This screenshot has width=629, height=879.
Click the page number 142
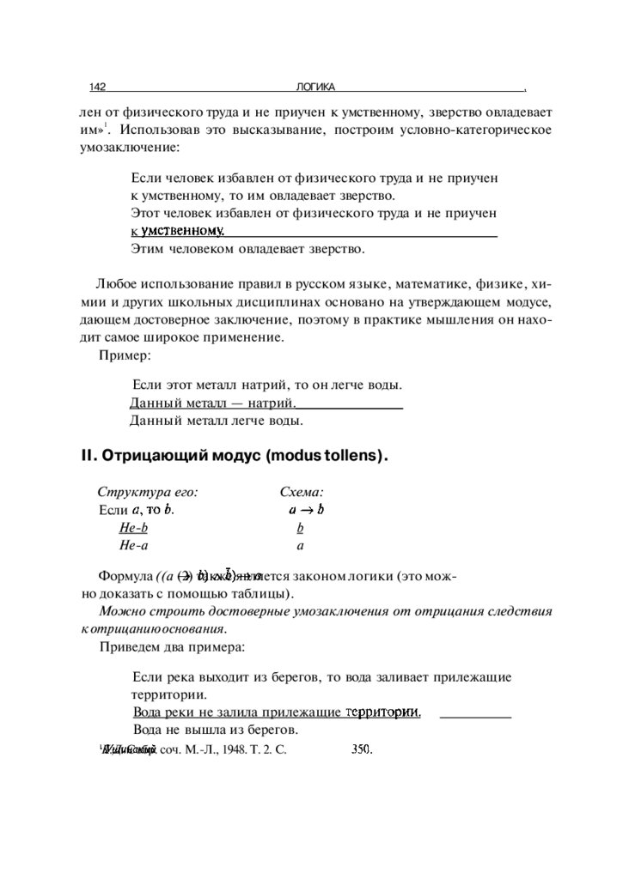click(97, 88)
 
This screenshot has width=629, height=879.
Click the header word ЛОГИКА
click(314, 88)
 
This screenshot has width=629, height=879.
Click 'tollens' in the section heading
click(351, 456)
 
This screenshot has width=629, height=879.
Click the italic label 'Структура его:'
click(148, 493)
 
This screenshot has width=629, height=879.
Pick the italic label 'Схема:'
click(301, 493)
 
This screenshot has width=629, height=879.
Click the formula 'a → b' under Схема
click(306, 510)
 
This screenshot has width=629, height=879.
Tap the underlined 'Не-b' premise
click(133, 528)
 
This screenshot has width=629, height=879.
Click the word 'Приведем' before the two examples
click(129, 646)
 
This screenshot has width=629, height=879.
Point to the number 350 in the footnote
click(361, 749)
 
